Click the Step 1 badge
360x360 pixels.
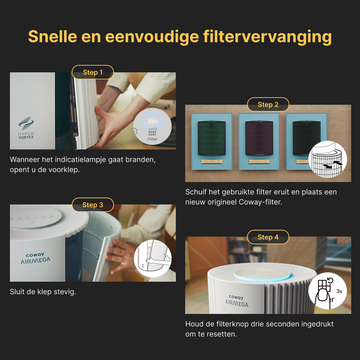pos(91,73)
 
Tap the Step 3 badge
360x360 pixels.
pos(91,204)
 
